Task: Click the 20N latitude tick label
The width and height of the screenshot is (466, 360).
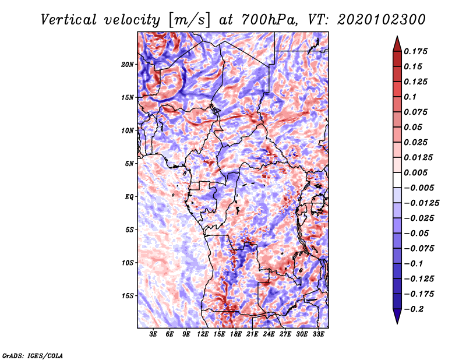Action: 128,65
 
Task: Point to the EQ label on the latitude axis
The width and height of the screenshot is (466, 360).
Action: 129,197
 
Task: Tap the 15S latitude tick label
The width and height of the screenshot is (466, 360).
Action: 128,296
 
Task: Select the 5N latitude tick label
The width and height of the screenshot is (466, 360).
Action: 129,164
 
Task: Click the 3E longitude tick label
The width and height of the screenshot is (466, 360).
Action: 153,334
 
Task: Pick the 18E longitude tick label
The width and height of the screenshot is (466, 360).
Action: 236,334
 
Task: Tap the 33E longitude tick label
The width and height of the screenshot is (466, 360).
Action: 318,334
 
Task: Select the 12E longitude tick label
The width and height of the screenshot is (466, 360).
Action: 203,334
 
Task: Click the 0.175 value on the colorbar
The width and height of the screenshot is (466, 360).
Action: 415,51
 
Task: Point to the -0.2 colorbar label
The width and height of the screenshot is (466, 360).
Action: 414,309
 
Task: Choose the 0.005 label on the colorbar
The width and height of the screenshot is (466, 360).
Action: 415,172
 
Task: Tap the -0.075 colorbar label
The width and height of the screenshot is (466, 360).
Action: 419,249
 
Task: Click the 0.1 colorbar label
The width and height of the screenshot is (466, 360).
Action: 410,97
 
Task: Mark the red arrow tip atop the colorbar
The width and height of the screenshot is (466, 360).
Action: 397,36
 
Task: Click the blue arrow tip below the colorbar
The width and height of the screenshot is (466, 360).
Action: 397,323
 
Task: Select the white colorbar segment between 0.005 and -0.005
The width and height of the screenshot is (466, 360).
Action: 397,180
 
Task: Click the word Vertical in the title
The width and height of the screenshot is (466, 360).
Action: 69,20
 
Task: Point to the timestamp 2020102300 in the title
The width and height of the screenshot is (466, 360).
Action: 382,20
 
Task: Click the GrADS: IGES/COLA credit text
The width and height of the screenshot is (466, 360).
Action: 33,356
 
